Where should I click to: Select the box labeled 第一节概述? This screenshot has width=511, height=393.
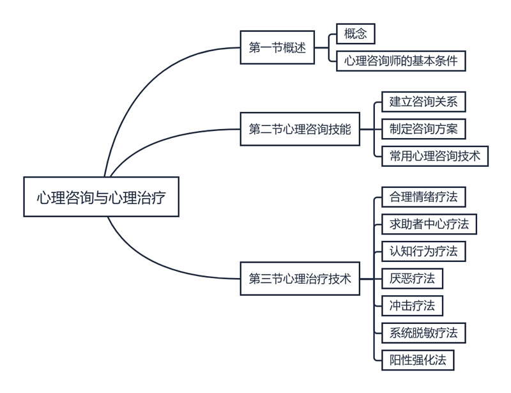pos(277,47)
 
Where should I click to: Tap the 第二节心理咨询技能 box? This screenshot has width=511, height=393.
pos(300,129)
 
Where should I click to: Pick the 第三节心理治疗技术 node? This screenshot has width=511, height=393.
pos(300,279)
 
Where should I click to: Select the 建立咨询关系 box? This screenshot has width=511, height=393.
pos(419,102)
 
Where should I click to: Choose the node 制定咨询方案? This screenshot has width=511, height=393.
pos(419,128)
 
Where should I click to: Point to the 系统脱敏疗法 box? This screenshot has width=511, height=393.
pos(423,332)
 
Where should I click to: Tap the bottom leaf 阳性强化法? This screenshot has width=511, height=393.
pos(417,359)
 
